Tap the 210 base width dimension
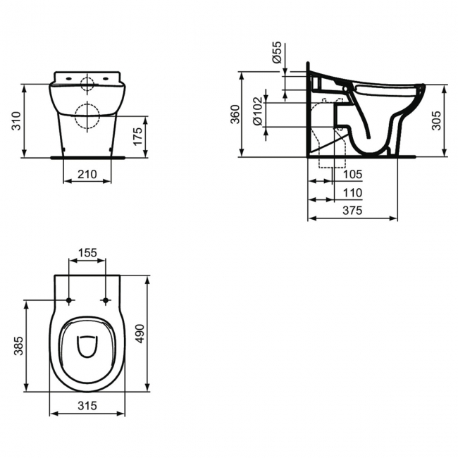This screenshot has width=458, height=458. tap(87, 173)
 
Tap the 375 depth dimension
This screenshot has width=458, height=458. tap(352, 211)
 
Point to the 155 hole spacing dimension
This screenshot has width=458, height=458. tap(87, 253)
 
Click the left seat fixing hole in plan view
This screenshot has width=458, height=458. tap(69, 301)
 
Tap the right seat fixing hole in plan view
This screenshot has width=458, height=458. tap(106, 301)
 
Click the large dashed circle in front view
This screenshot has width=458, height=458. tap(87, 116)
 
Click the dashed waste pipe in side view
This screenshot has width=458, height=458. tap(326, 151)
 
